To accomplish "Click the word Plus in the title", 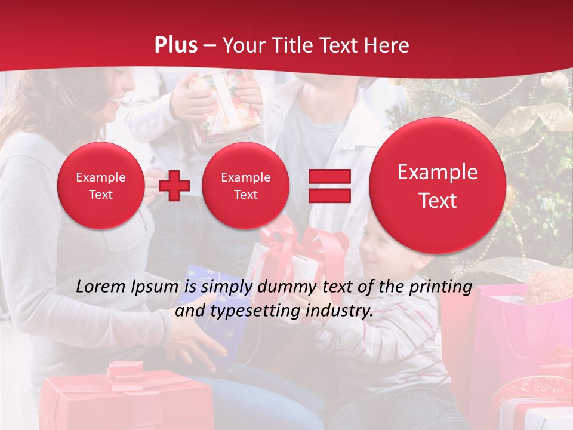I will click(x=176, y=45).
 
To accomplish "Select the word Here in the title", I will click(x=387, y=45).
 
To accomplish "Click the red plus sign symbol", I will click(x=174, y=185).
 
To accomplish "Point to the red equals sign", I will click(x=329, y=185).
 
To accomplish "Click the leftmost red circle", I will click(x=100, y=185).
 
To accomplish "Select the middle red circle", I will click(x=245, y=185).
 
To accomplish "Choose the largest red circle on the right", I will click(x=438, y=185).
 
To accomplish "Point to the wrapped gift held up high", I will click(x=224, y=99).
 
